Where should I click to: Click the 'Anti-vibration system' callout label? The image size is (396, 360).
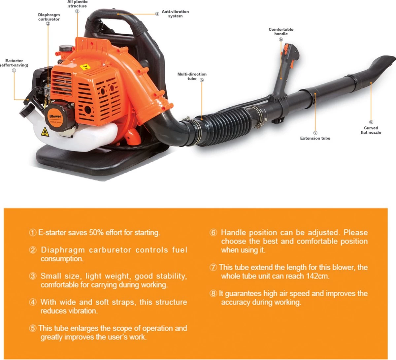pyautogui.click(x=175, y=14)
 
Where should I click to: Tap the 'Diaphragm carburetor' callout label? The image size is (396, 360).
pyautogui.click(x=49, y=17)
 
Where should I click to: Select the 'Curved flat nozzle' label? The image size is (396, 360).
pyautogui.click(x=371, y=130)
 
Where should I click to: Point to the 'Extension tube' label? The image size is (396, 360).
pyautogui.click(x=315, y=138)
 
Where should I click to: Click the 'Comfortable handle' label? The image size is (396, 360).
pyautogui.click(x=281, y=32)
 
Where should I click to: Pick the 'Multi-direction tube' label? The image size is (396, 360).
pyautogui.click(x=192, y=76)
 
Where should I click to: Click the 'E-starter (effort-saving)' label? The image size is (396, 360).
pyautogui.click(x=14, y=63)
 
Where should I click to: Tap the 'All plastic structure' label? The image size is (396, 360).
pyautogui.click(x=77, y=4)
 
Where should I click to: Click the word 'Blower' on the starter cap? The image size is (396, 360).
pyautogui.click(x=55, y=116)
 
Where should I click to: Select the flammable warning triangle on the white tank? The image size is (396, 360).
pyautogui.click(x=45, y=132)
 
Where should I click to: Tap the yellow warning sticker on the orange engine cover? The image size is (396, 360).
pyautogui.click(x=85, y=67)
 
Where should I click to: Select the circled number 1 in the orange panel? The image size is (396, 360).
pyautogui.click(x=33, y=232)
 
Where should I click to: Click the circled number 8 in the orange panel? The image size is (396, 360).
pyautogui.click(x=213, y=293)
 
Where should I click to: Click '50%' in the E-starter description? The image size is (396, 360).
pyautogui.click(x=96, y=232)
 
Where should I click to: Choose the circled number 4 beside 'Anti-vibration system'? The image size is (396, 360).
pyautogui.click(x=157, y=14)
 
